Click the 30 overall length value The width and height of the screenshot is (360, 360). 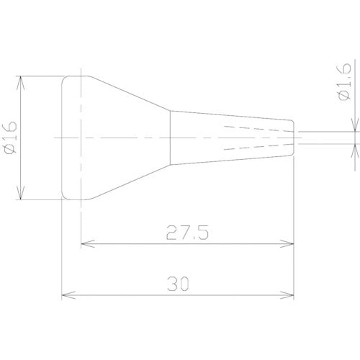179,284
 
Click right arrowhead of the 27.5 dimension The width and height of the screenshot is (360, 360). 291,244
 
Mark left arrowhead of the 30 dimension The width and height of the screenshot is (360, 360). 66,294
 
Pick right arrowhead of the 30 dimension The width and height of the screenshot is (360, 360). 291,294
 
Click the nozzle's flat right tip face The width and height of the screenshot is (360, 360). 294,137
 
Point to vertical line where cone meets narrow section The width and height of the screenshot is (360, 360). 171,137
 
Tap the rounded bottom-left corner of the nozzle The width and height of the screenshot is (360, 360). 63,196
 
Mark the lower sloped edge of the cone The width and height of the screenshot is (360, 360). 130,180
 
